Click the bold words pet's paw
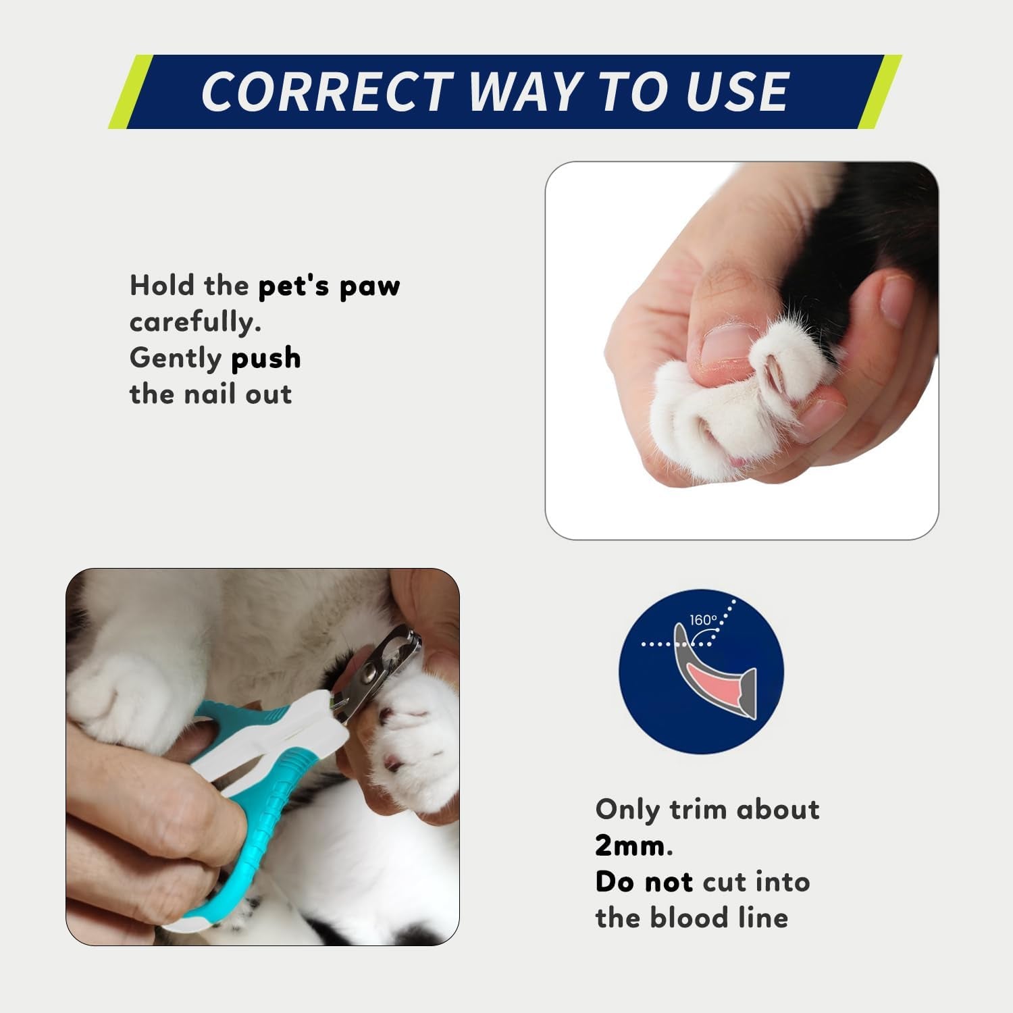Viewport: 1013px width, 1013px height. pos(329,286)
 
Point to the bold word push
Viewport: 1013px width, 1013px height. pos(265,358)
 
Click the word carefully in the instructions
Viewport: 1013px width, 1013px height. pos(194,322)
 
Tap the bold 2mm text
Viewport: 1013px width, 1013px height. pos(630,846)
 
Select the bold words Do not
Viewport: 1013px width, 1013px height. pos(644,882)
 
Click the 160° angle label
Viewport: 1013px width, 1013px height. pos(703,620)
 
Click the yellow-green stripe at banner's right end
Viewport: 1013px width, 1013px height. pos(880,92)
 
